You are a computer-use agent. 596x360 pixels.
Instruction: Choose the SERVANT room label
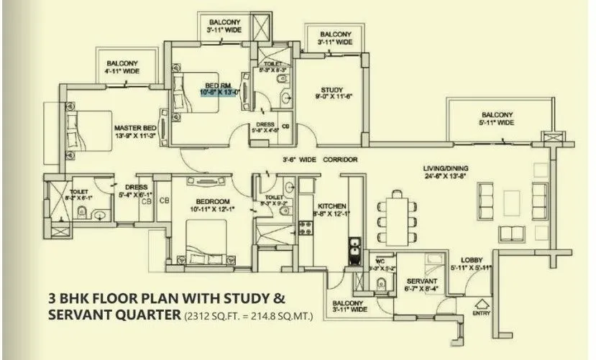point(418,281)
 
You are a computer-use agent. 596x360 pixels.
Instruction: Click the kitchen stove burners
point(304,228)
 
